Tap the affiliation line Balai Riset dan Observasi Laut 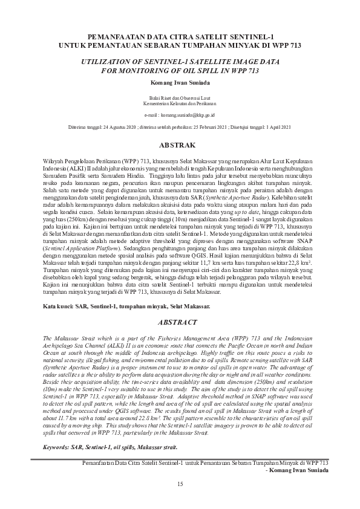180,97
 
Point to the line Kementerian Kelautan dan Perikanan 180,103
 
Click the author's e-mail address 188,114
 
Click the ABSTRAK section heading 180,146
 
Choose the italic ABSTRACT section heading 180,322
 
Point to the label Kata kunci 58,307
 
